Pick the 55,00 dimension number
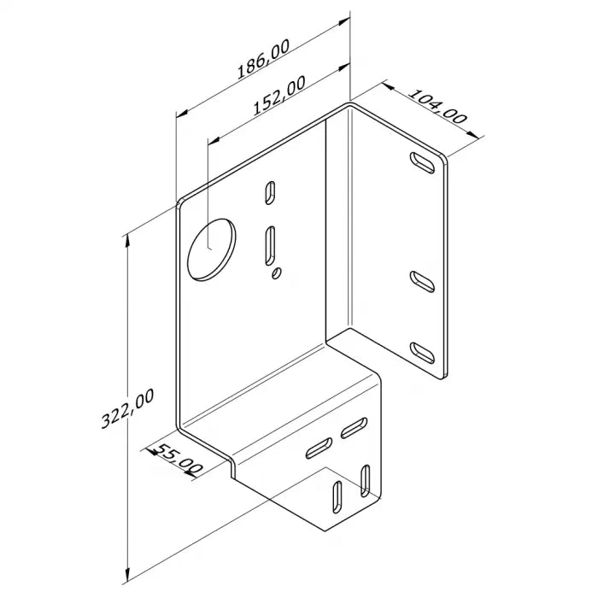coord(178,459)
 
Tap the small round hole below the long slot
coord(277,273)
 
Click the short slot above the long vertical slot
coord(270,192)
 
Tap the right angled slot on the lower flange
coord(355,428)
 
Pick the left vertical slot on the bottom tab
coord(337,498)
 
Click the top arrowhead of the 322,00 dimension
coord(128,237)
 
